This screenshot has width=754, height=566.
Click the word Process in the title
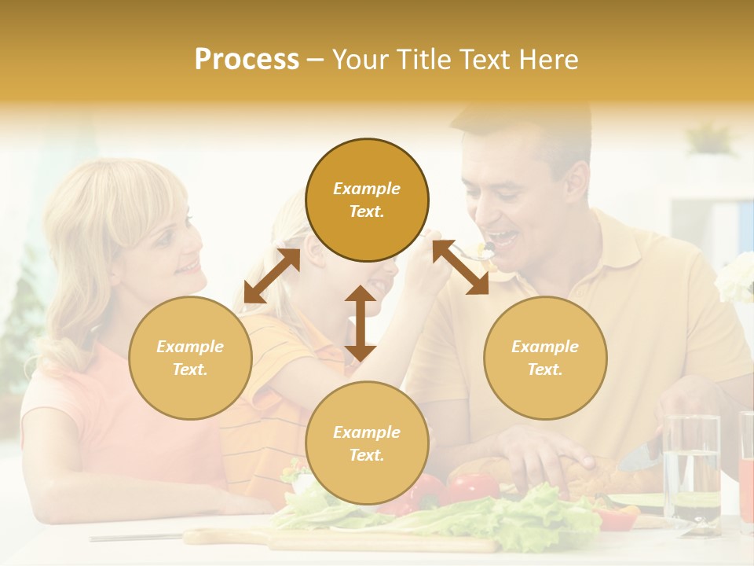(x=247, y=60)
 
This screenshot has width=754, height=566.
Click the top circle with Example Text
(x=367, y=200)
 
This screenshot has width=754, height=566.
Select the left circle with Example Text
(x=190, y=358)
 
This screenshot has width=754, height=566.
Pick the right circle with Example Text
(x=545, y=358)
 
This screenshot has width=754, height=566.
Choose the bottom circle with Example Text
(x=367, y=443)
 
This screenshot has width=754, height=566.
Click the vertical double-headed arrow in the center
(x=361, y=323)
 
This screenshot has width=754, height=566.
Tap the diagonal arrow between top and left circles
(x=272, y=275)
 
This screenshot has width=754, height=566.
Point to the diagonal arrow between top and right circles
(x=460, y=267)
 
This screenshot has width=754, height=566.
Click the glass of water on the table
(x=691, y=472)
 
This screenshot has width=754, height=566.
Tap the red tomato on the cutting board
(x=471, y=487)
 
